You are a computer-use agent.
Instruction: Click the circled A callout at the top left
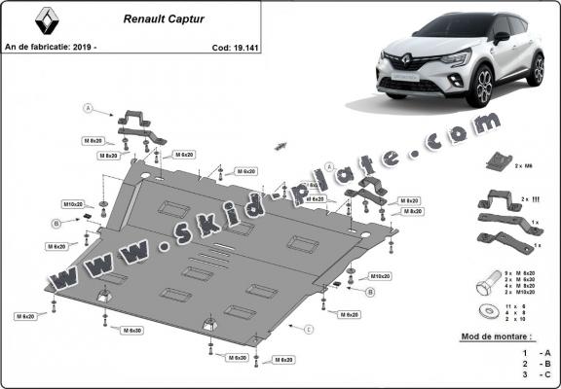(88, 107)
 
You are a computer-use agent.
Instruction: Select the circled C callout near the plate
(308, 331)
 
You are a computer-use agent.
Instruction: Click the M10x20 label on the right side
(380, 276)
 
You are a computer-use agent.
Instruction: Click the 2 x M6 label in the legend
(527, 167)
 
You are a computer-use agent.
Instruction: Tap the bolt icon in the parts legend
(484, 288)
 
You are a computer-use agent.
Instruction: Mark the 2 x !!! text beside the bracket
(531, 198)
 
